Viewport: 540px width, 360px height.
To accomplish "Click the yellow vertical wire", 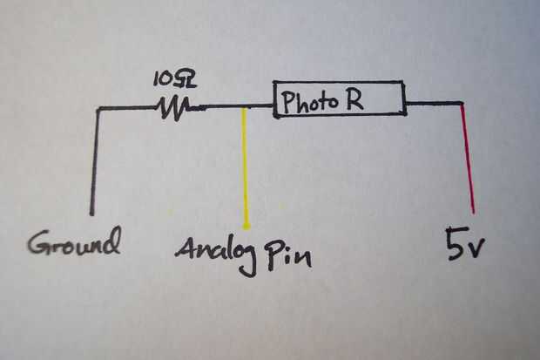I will pyautogui.click(x=246, y=166).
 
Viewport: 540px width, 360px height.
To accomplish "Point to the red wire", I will pyautogui.click(x=468, y=157).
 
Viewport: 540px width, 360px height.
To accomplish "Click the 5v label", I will pyautogui.click(x=462, y=246).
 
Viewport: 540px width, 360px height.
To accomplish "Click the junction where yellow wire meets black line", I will pyautogui.click(x=246, y=107).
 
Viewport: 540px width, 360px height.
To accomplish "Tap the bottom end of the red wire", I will pyautogui.click(x=473, y=211).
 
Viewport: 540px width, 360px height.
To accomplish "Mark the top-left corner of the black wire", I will pyautogui.click(x=97, y=109).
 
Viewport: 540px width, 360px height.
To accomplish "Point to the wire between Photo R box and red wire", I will pyautogui.click(x=433, y=104).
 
